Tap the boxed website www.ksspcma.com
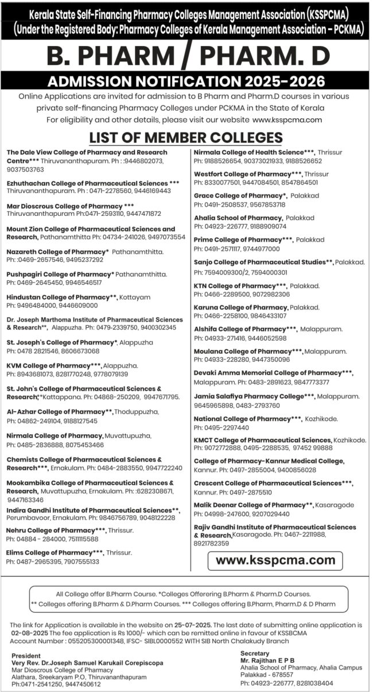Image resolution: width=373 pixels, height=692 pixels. (x=275, y=559)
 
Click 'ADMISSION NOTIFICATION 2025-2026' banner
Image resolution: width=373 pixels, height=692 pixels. (x=186, y=80)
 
